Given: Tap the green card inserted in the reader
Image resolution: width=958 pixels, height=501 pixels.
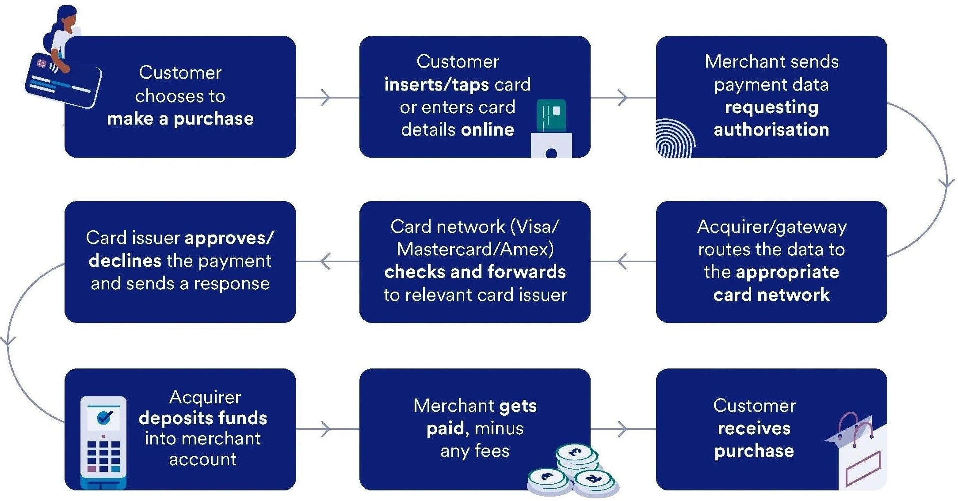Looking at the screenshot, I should [x=551, y=115].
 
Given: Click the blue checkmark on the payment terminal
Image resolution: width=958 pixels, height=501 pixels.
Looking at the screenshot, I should [x=104, y=417].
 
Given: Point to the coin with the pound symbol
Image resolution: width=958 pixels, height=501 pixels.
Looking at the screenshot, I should [x=576, y=452].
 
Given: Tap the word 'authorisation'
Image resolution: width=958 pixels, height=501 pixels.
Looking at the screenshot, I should [x=771, y=130].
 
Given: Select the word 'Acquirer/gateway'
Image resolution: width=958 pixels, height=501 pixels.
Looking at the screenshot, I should [x=772, y=227].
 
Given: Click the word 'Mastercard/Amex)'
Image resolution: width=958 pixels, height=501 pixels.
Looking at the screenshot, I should [x=475, y=250].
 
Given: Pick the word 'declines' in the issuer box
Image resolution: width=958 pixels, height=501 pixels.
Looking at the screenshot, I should [x=125, y=261].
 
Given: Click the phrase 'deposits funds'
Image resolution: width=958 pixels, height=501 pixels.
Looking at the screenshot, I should [x=203, y=418].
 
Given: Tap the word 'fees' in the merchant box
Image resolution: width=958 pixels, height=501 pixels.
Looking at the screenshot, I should [x=492, y=451].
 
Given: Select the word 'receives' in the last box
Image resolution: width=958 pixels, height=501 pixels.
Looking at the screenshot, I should [x=754, y=428].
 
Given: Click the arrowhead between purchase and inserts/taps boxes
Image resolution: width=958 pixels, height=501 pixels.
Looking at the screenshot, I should [x=326, y=97].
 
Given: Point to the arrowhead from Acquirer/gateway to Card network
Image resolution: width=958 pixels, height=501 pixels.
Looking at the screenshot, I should [x=622, y=261].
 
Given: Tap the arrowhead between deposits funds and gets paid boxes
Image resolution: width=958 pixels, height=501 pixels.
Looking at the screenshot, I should [x=326, y=429].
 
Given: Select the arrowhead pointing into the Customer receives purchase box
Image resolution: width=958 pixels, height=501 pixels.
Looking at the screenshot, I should [x=622, y=429].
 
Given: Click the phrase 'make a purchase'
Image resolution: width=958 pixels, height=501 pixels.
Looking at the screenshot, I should [x=180, y=119].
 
